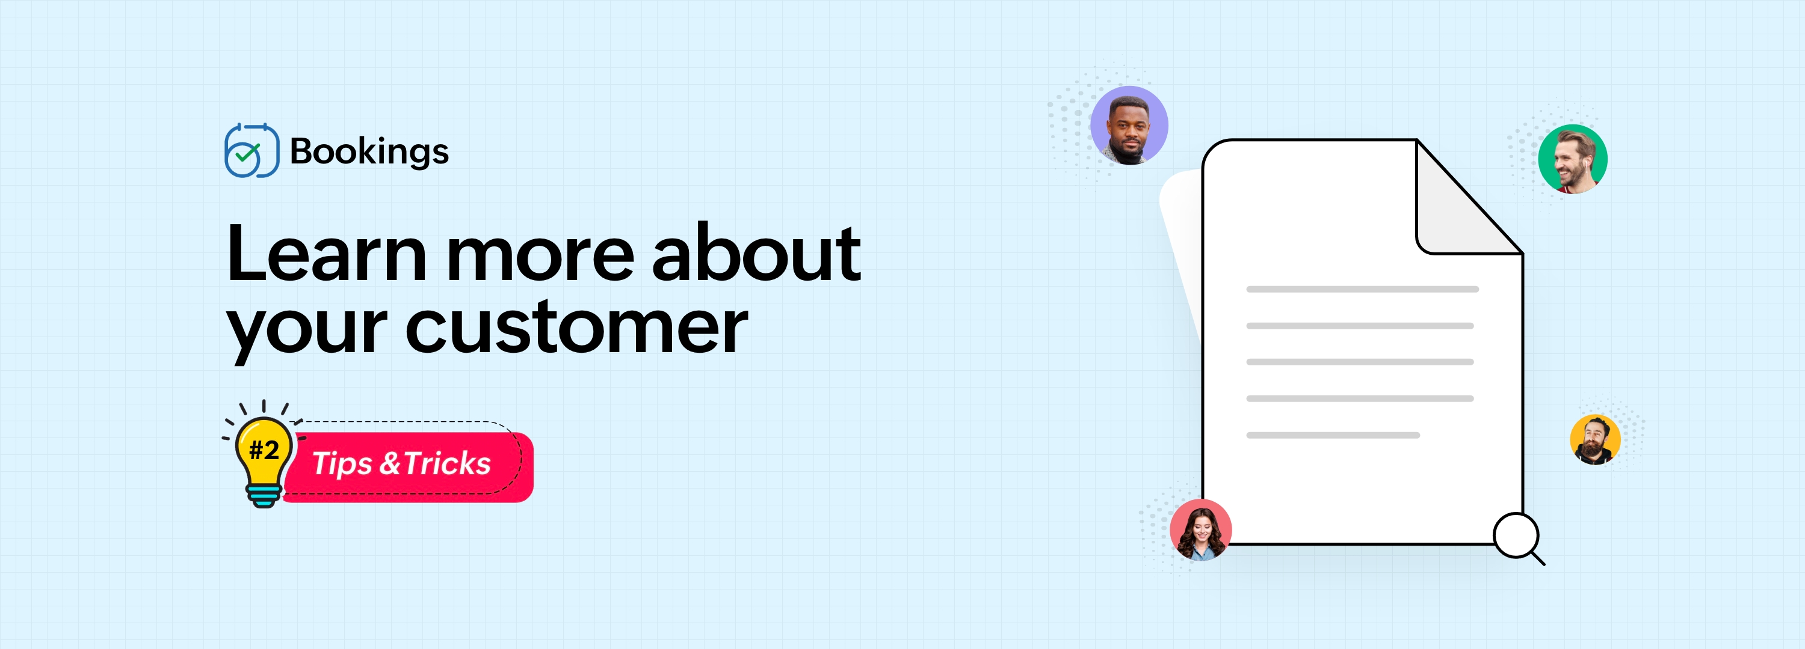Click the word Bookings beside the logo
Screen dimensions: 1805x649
369,152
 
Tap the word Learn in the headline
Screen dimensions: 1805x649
327,254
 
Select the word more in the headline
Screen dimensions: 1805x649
541,255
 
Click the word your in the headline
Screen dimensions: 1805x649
307,331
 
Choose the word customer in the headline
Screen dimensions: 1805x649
576,326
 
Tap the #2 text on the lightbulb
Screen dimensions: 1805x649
264,449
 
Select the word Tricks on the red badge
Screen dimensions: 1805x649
447,463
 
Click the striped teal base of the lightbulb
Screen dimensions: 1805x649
264,496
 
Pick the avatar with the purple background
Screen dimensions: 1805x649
1129,126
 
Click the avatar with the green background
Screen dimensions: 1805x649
1572,159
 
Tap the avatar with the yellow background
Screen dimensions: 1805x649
1595,440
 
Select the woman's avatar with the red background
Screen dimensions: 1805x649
1200,530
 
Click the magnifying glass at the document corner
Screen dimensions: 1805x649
1519,538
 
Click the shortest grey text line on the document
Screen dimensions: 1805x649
1333,436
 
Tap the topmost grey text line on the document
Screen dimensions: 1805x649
1362,289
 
